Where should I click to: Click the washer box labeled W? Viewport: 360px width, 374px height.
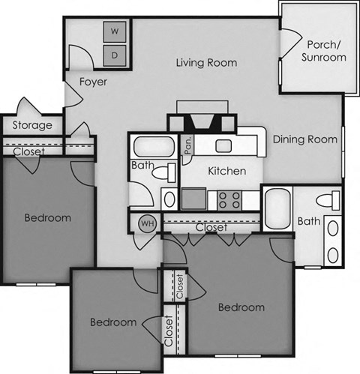click(x=115, y=32)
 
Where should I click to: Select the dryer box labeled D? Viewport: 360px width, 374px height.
click(x=115, y=54)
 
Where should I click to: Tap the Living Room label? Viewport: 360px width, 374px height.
click(x=206, y=63)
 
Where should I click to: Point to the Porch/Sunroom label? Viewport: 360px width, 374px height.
click(x=324, y=50)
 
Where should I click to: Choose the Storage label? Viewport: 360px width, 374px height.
click(x=32, y=125)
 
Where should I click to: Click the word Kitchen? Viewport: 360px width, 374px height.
click(x=226, y=171)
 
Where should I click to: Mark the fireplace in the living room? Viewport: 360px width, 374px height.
click(x=200, y=121)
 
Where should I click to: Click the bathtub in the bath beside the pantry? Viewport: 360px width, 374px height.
click(x=151, y=146)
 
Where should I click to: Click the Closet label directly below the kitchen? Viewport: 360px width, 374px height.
click(x=211, y=227)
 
